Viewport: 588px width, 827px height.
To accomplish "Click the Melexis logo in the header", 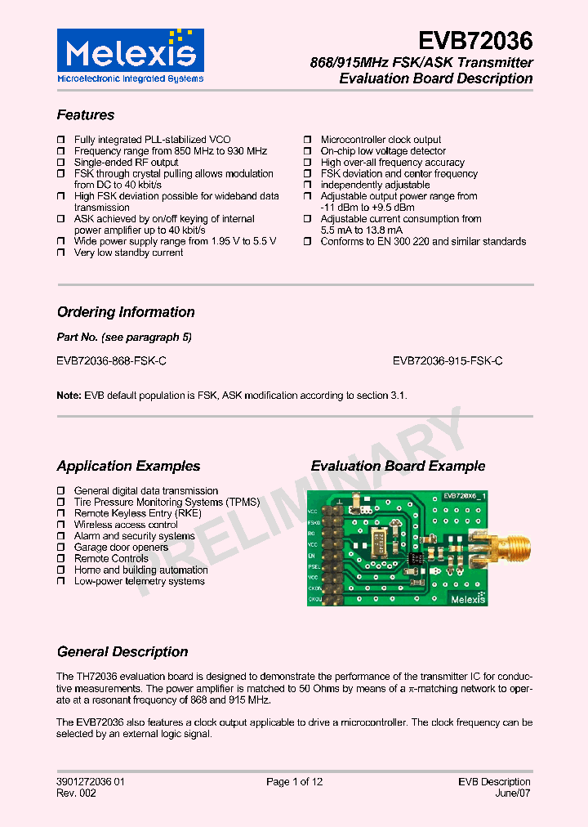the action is pyautogui.click(x=130, y=56).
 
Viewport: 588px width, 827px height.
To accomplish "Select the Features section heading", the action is pyautogui.click(x=86, y=115).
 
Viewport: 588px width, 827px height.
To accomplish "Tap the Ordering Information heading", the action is pyautogui.click(x=126, y=312).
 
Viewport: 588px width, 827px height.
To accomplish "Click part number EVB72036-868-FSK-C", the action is pyautogui.click(x=112, y=360).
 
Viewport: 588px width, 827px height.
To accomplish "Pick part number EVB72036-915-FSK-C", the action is pyautogui.click(x=448, y=360).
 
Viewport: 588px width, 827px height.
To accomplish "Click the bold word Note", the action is pyautogui.click(x=69, y=396).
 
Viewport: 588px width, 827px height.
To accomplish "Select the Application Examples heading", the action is pyautogui.click(x=128, y=467).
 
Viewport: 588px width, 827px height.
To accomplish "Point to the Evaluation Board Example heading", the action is pyautogui.click(x=398, y=467).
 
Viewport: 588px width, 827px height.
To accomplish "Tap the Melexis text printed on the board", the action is pyautogui.click(x=465, y=598).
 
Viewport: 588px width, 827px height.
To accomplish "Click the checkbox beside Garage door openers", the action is pyautogui.click(x=61, y=548).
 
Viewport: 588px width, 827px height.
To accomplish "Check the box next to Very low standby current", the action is pyautogui.click(x=61, y=253).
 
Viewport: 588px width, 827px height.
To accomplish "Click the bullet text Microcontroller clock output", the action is pyautogui.click(x=381, y=140).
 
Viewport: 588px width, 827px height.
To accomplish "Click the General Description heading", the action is pyautogui.click(x=122, y=652).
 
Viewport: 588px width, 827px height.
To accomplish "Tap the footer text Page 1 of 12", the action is pyautogui.click(x=294, y=782).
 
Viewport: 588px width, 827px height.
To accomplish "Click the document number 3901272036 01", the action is pyautogui.click(x=91, y=782).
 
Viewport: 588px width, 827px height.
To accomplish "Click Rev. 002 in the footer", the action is pyautogui.click(x=76, y=793).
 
